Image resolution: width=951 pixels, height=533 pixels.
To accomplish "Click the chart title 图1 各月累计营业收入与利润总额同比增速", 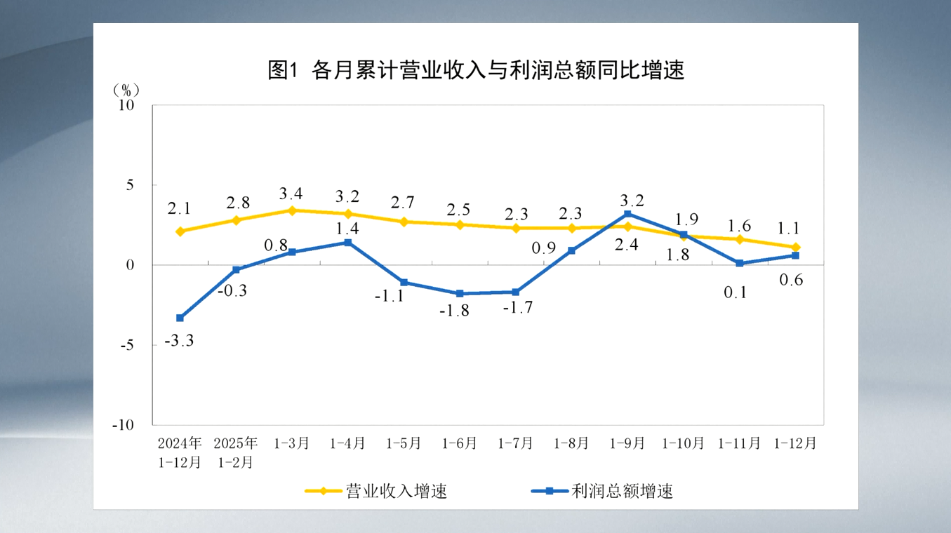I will pos(475,71).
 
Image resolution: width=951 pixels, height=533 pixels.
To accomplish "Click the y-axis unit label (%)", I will pos(126,90).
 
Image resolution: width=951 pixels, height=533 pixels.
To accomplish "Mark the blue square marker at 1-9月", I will pos(627,214).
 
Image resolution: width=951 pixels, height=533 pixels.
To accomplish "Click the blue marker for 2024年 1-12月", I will pos(180,318).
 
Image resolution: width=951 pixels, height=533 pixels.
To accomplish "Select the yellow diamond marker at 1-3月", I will pos(292,210).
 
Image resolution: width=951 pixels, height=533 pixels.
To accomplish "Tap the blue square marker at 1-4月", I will pos(348,243).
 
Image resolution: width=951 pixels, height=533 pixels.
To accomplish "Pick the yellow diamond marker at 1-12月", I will pos(795,247).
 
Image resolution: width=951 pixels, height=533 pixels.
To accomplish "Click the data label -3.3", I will pos(179,342).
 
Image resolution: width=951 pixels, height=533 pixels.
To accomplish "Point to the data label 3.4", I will pos(291,192).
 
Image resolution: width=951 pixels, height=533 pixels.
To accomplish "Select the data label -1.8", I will pos(460,311).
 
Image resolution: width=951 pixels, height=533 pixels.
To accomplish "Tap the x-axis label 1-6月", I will pos(460,444).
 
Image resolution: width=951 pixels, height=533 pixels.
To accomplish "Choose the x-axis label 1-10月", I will pos(684,444).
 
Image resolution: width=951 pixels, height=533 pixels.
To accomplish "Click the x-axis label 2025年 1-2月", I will pos(236,452).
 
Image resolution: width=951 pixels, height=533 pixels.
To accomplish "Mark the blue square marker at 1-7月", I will pos(516,292).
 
